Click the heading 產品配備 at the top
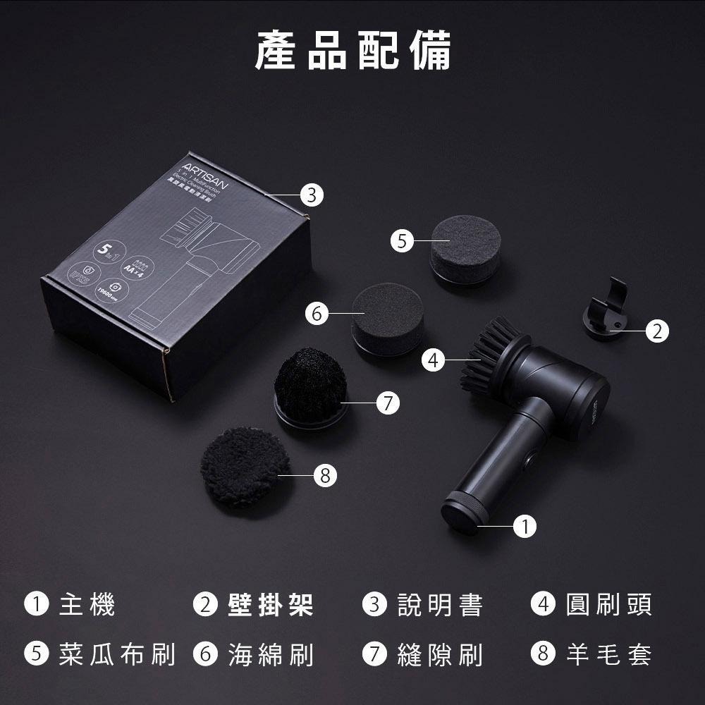pyautogui.click(x=352, y=50)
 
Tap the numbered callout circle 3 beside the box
pyautogui.click(x=311, y=195)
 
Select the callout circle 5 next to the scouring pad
pyautogui.click(x=401, y=241)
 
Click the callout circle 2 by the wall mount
pyautogui.click(x=656, y=331)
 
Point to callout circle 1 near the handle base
pyautogui.click(x=525, y=526)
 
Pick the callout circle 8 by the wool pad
pyautogui.click(x=324, y=476)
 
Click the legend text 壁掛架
pyautogui.click(x=270, y=604)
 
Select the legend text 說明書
pyautogui.click(x=440, y=604)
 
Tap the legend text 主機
pyautogui.click(x=87, y=604)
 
